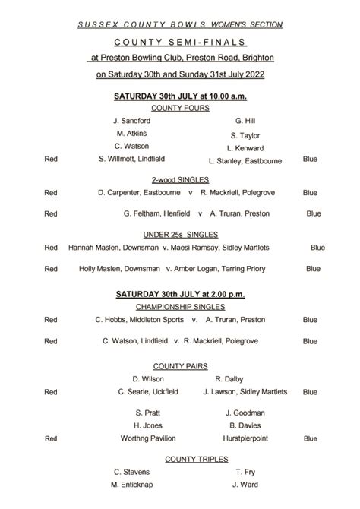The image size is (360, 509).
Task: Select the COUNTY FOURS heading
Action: [x=180, y=108]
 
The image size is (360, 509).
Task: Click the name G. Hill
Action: [x=245, y=121]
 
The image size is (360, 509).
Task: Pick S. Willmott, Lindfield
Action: [x=131, y=159]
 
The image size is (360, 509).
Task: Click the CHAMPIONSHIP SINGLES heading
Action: [x=180, y=307]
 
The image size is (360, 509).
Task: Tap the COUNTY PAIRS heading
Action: [x=180, y=365]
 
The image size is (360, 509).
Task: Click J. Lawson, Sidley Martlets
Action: [x=245, y=392]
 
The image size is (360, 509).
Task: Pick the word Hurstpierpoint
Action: [x=245, y=438]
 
